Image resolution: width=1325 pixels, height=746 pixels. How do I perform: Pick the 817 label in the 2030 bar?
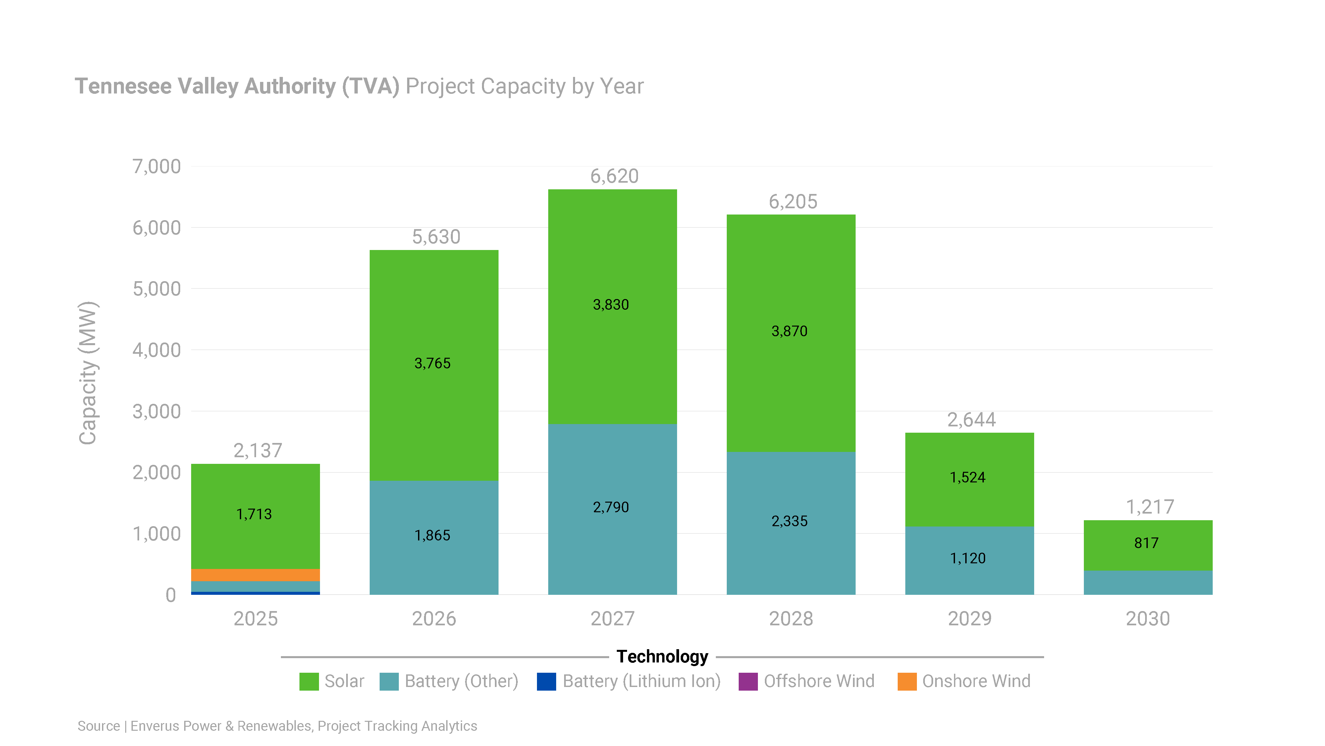click(1146, 543)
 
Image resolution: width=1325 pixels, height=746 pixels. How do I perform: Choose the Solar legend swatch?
click(309, 681)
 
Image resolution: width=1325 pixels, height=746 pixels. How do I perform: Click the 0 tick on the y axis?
click(171, 595)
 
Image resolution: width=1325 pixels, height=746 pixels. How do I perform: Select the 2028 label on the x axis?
click(791, 618)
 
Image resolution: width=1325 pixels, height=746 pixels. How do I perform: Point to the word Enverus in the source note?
click(155, 726)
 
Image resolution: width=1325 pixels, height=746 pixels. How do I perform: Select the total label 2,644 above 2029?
click(971, 420)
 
